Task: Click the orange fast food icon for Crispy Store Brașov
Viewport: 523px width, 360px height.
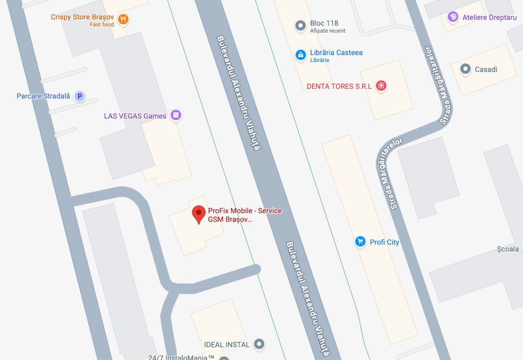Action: (123, 20)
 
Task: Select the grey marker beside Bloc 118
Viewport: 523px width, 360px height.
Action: (300, 25)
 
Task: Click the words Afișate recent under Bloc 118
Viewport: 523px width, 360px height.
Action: (327, 31)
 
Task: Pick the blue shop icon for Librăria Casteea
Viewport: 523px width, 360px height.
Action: (300, 54)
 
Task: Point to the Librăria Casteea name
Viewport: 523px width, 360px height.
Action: (336, 52)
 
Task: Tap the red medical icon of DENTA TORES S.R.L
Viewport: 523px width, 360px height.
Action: (381, 86)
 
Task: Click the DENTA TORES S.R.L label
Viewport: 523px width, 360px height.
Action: (339, 86)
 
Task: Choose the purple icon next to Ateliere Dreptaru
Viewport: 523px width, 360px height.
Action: (453, 17)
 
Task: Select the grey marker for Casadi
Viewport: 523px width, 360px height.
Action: (465, 69)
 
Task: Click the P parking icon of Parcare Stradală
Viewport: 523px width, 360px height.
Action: (79, 96)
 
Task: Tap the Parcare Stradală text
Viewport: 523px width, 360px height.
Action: (43, 96)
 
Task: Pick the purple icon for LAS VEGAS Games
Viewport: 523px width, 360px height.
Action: (176, 116)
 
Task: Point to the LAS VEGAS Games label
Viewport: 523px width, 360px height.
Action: (135, 116)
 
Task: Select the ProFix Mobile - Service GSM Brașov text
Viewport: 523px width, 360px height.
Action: (245, 215)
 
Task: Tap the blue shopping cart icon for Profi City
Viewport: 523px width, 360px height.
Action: (360, 242)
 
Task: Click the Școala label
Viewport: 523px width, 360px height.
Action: (508, 249)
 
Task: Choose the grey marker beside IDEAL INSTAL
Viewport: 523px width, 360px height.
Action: (259, 344)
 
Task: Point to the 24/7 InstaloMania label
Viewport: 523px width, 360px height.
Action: (181, 357)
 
